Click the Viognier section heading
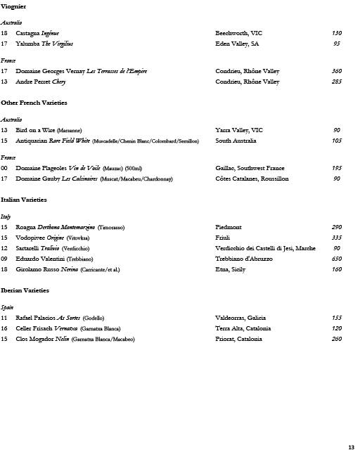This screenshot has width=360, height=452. pos(13,6)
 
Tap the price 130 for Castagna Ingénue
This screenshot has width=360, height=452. pos(336,33)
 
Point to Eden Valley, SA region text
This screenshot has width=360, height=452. pos(237,44)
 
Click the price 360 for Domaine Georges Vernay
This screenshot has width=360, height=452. pos(336,71)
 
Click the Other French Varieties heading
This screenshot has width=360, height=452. pos(34,103)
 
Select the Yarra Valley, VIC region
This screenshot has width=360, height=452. pos(238,130)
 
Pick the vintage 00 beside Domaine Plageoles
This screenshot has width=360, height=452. pos(4,168)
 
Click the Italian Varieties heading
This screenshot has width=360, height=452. pos(23,200)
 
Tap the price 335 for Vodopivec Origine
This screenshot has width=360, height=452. pos(336,238)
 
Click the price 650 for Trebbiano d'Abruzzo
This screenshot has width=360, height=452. pos(336,259)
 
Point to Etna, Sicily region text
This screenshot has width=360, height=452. pos(231,269)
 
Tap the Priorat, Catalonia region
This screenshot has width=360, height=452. pos(238,339)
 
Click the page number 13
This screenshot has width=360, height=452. pos(351,447)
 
